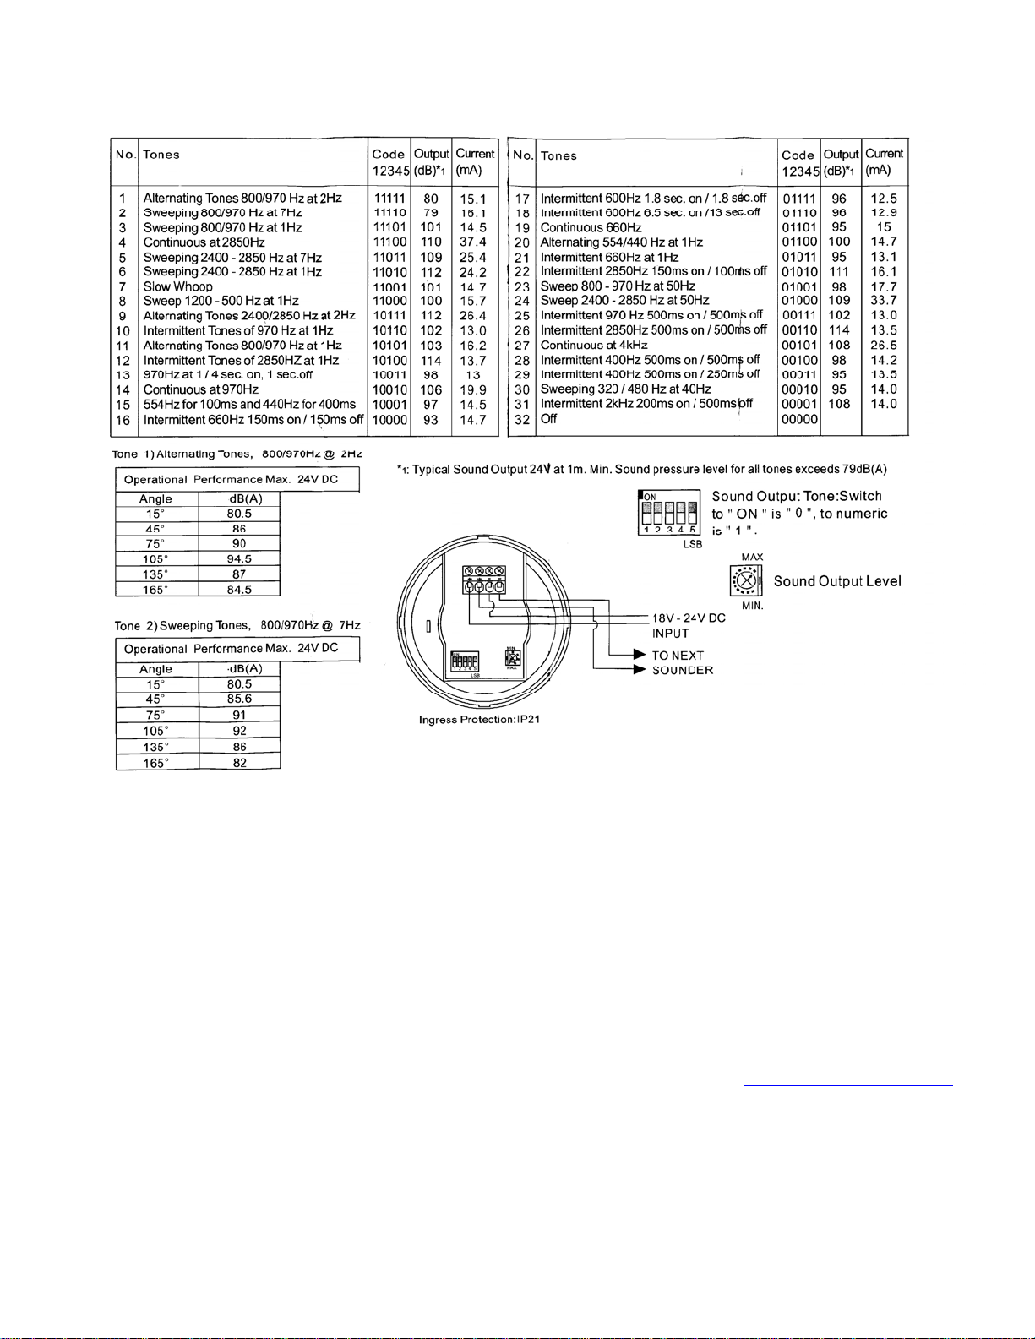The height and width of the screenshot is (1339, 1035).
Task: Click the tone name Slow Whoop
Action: (177, 286)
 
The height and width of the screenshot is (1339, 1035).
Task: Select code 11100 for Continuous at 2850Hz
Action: (389, 242)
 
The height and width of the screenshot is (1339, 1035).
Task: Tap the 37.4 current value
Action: (473, 242)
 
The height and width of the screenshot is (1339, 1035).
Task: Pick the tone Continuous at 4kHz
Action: (594, 346)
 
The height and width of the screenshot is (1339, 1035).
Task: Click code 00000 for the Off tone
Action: (799, 419)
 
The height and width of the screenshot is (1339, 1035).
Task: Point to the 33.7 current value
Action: (884, 301)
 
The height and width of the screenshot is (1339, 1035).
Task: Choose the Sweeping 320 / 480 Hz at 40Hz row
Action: (625, 389)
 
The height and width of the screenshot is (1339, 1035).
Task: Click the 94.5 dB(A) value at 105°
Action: (239, 559)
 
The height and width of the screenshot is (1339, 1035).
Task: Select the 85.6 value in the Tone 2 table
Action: (239, 699)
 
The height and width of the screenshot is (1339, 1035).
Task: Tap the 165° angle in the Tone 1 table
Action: (155, 591)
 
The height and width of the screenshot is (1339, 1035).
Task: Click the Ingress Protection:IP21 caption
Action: (479, 720)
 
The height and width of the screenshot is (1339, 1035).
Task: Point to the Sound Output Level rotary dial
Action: (746, 581)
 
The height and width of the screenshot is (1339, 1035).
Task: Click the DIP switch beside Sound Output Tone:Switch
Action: (668, 512)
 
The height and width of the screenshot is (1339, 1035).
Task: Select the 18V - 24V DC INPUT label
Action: (688, 625)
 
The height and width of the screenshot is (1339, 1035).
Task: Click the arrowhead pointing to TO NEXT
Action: (640, 655)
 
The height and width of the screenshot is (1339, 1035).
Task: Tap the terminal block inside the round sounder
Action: (482, 580)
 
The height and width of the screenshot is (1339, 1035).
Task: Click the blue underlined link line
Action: (847, 1083)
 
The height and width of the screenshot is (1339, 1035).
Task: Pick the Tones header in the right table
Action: (558, 156)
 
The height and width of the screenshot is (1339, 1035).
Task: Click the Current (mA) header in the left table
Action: (474, 161)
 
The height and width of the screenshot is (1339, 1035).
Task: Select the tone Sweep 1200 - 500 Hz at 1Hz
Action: (221, 301)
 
